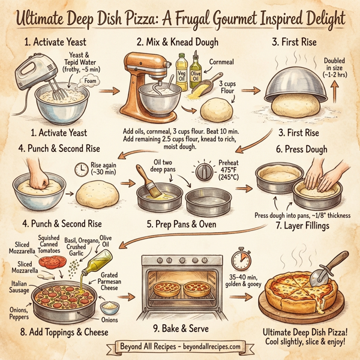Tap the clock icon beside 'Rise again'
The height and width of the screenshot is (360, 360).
(x=81, y=170)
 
